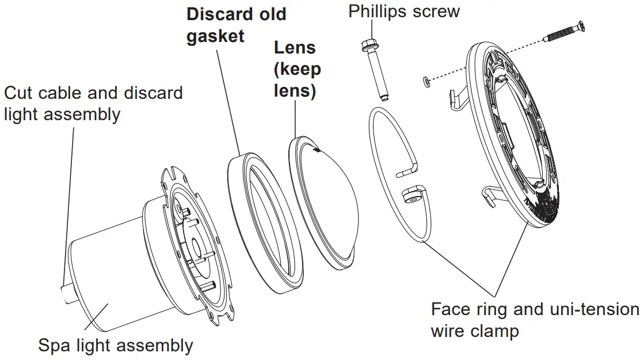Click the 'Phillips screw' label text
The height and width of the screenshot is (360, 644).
(404, 12)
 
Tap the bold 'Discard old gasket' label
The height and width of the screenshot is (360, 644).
(236, 25)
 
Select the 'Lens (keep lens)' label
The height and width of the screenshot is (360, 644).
(297, 69)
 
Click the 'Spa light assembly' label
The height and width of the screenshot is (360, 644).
(115, 346)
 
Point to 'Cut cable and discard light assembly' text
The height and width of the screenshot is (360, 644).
(93, 104)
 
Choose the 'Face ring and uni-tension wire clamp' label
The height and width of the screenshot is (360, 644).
(534, 320)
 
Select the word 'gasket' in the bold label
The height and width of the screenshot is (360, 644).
(215, 36)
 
